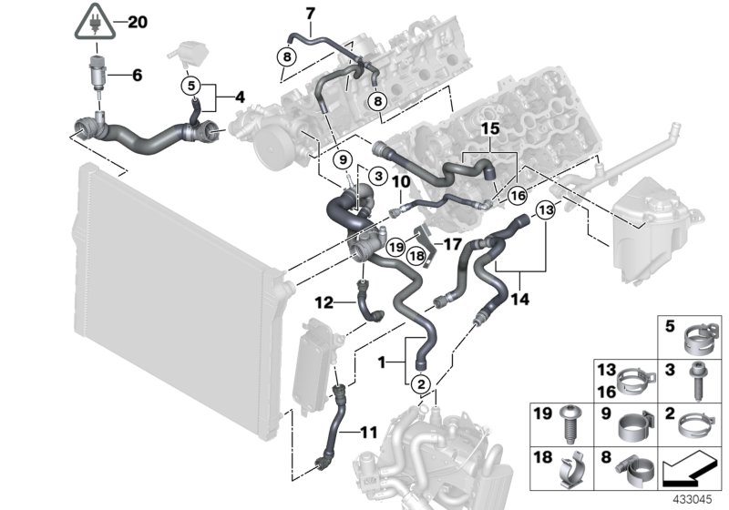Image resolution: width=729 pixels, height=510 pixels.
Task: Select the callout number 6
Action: tap(137, 76)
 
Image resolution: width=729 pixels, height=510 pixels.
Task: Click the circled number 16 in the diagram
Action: tap(517, 195)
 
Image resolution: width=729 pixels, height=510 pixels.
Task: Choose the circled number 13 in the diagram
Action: tap(545, 211)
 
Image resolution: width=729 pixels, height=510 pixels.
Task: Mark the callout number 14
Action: tap(520, 297)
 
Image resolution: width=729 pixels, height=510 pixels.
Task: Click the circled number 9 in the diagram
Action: tap(344, 159)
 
